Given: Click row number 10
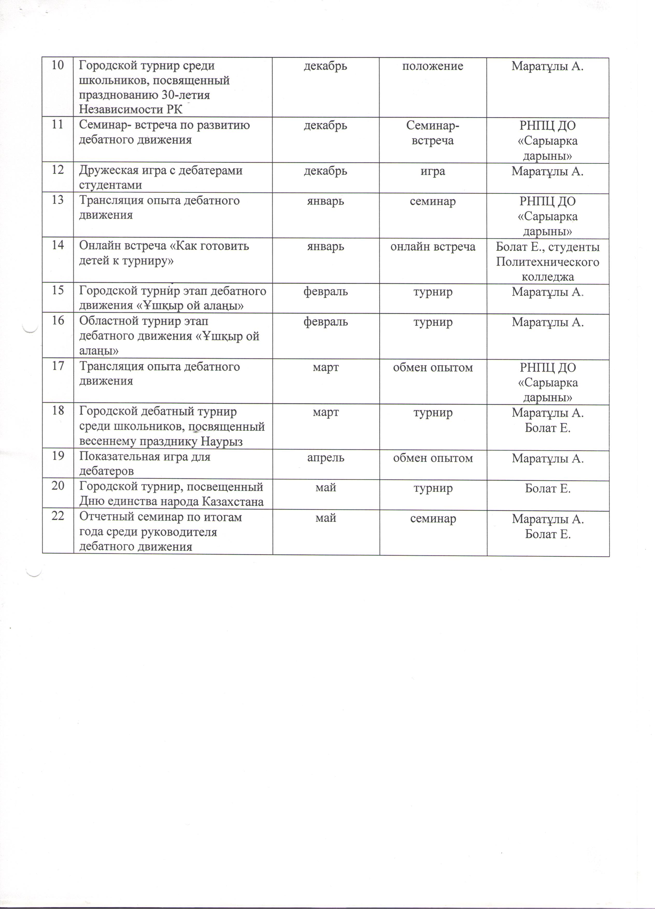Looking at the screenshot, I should pyautogui.click(x=58, y=65).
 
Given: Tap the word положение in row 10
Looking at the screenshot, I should pyautogui.click(x=433, y=66).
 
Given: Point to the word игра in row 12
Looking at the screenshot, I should pyautogui.click(x=433, y=171).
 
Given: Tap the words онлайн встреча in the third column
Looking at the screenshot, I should pyautogui.click(x=433, y=246).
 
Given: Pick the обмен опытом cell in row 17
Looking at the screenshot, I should pyautogui.click(x=433, y=367).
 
